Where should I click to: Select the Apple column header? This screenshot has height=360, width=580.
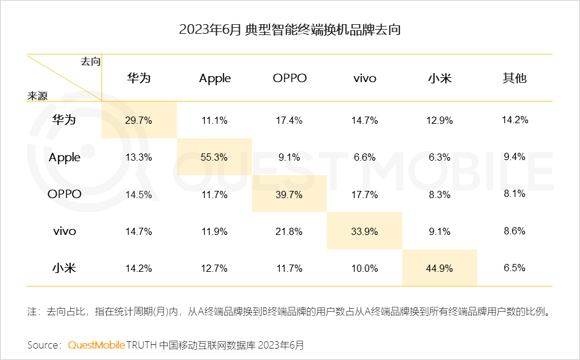214,79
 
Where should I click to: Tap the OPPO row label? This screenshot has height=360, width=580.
65,194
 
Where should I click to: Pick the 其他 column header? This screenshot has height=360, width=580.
514,79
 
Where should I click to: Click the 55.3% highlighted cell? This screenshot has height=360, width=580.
214,157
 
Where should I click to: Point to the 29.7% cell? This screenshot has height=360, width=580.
139,120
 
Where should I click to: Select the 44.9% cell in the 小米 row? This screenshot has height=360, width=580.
440,268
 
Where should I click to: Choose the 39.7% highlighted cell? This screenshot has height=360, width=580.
289,194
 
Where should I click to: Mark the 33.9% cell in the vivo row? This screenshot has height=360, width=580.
364,231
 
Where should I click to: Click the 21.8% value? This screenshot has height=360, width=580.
289,231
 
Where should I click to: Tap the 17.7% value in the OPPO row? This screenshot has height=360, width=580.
364,194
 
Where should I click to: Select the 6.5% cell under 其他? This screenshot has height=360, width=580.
514,268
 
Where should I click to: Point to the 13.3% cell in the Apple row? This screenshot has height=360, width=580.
139,157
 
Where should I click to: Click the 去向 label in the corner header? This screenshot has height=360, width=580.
90,62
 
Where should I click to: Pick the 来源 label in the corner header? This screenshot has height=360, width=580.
37,95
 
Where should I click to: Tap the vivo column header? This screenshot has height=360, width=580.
364,79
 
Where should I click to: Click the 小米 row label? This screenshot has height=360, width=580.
65,268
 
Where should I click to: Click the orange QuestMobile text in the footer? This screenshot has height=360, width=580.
96,345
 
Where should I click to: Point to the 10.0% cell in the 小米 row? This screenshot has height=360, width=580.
364,268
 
